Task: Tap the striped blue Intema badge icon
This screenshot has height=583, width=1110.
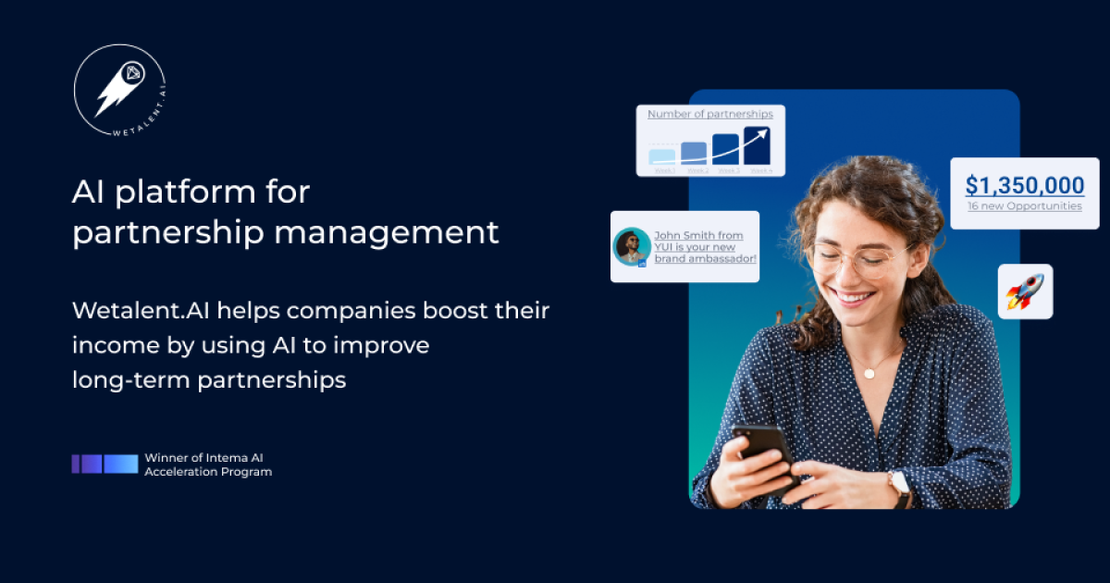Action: coord(105,465)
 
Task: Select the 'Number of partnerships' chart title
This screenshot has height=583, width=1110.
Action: coord(709,114)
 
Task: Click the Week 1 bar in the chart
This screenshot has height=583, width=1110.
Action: coord(662,156)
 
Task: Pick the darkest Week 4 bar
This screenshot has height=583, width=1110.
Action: coord(758,146)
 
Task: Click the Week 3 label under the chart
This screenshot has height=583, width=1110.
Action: coord(728,171)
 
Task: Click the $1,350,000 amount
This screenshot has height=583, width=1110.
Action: coord(1024,185)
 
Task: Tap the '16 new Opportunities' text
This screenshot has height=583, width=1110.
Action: coord(1024,206)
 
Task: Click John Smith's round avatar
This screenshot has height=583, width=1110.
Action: coord(632,247)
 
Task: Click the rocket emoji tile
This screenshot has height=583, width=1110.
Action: coord(1025,291)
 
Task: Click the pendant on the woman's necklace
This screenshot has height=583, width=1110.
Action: coord(869,372)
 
